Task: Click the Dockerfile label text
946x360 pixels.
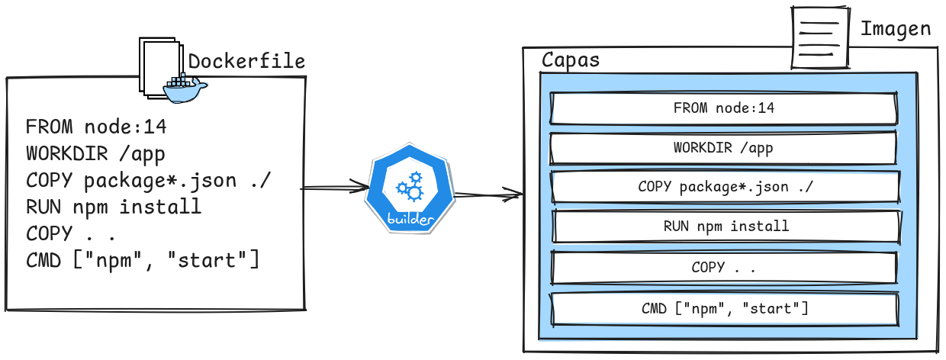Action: tap(246, 62)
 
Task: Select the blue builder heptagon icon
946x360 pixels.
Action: tap(410, 188)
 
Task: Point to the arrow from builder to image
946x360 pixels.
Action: tap(488, 196)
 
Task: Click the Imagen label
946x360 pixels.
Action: tap(896, 30)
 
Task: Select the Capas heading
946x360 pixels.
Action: tap(570, 60)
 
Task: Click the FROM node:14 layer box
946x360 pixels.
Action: tap(723, 108)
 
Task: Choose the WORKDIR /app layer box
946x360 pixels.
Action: tap(723, 147)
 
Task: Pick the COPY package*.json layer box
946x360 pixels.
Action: tap(723, 187)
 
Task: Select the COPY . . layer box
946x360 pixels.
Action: tap(723, 268)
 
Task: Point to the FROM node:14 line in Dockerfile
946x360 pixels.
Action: tap(96, 127)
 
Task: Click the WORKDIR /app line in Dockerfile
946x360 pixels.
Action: tap(95, 153)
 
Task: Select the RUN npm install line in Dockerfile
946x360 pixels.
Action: tap(114, 207)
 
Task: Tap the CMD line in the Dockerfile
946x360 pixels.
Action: tap(143, 260)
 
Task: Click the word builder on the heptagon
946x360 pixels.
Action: tap(411, 219)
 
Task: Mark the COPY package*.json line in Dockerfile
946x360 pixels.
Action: tap(150, 180)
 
